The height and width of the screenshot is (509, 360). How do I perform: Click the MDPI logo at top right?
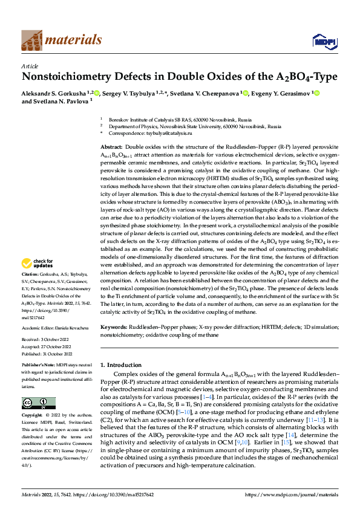[324, 41]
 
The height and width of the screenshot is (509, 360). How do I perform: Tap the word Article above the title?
[30, 65]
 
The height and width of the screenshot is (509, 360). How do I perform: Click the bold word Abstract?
[111, 148]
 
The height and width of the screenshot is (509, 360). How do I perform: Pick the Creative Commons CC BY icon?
[38, 403]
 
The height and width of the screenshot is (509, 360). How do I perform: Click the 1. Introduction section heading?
[120, 366]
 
